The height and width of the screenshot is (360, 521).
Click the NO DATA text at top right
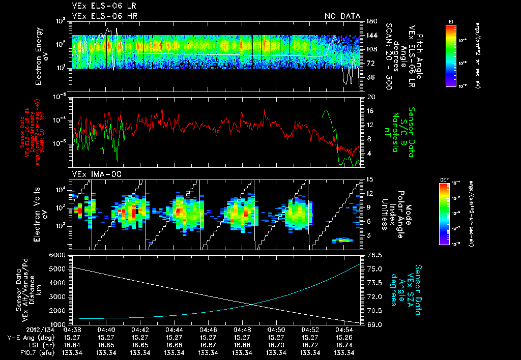342,16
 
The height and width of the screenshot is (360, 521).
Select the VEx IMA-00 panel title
92,174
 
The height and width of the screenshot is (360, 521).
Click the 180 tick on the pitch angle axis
370,21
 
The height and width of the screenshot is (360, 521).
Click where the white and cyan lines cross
252,305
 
